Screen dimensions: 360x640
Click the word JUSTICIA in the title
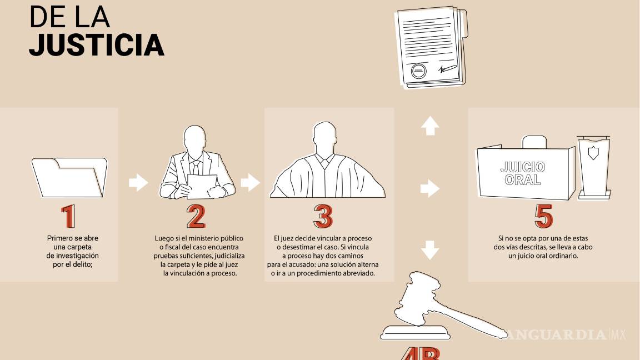(x=96, y=46)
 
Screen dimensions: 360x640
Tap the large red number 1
(x=68, y=217)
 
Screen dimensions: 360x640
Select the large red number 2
(x=196, y=217)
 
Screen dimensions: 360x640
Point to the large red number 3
(x=323, y=217)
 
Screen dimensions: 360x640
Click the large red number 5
(x=543, y=217)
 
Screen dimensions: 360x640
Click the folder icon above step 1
(x=69, y=177)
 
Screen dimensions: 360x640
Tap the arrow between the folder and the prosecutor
(x=138, y=182)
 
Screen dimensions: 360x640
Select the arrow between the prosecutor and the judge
(x=251, y=182)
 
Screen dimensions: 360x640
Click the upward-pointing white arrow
(x=430, y=126)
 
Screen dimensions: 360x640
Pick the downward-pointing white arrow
(x=430, y=249)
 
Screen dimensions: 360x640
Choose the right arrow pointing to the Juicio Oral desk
(x=430, y=188)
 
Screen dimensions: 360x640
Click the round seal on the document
(x=419, y=71)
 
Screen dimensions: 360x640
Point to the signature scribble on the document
(x=447, y=70)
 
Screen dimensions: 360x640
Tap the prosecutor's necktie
(x=196, y=167)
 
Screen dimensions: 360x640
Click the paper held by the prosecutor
(x=202, y=185)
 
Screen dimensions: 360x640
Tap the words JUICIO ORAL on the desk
(x=523, y=173)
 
